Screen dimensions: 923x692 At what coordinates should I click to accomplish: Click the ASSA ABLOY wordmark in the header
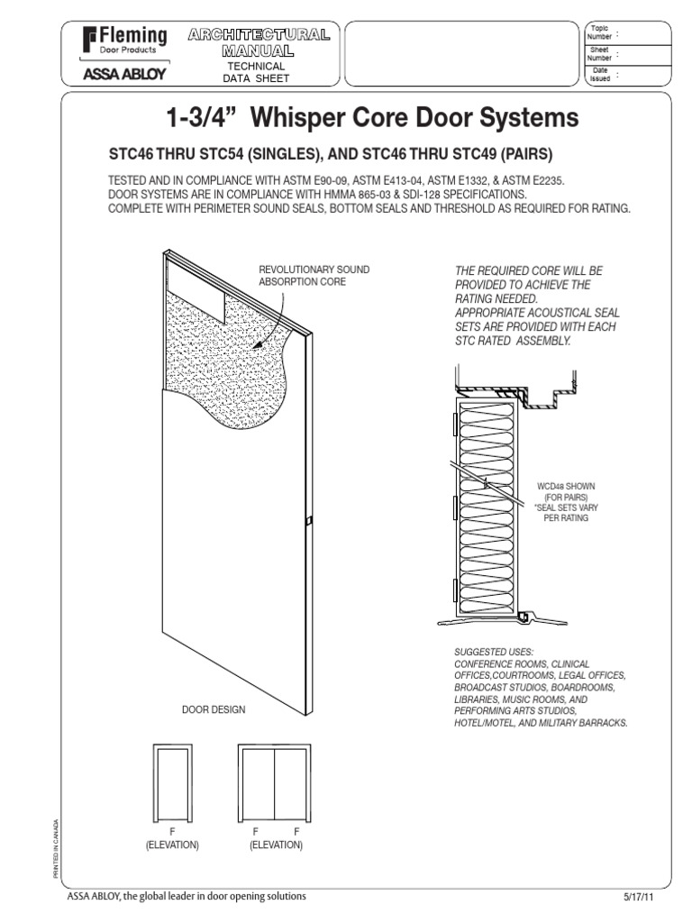click(x=124, y=74)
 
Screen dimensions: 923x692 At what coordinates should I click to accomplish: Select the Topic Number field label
click(x=599, y=32)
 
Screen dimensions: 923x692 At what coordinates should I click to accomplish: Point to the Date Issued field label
click(x=599, y=75)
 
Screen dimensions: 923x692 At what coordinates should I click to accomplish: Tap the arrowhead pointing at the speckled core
click(x=258, y=346)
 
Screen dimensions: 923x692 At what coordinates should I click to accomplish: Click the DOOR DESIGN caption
click(x=214, y=710)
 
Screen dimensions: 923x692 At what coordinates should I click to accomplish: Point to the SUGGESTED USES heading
click(x=495, y=651)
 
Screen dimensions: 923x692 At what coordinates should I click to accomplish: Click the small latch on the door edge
click(x=307, y=521)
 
